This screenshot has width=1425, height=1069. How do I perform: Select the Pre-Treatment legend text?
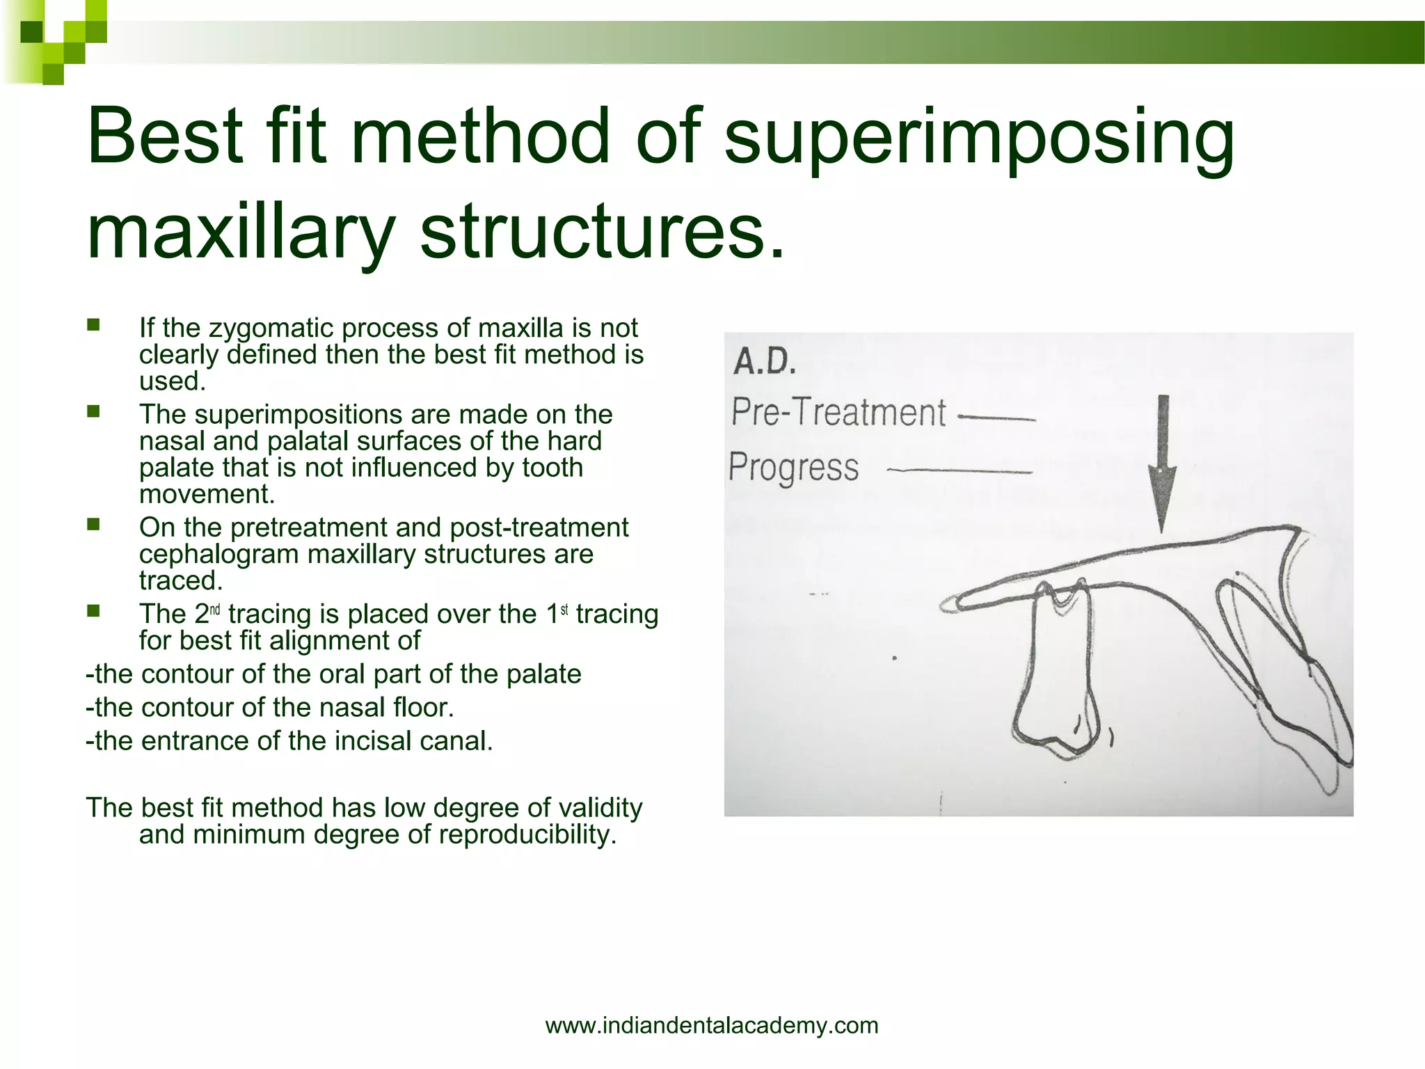(x=838, y=412)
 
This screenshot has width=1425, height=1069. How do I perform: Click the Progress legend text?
(x=794, y=466)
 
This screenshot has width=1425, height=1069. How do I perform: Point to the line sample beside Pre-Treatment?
(x=996, y=418)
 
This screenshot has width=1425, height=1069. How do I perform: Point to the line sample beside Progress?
(x=960, y=471)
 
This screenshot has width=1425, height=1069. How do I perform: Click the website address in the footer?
(x=712, y=1025)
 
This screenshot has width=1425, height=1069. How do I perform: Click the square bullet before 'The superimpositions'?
(x=93, y=412)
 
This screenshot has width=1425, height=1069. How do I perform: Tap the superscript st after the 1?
(x=564, y=610)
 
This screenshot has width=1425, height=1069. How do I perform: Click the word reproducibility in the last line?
(x=527, y=834)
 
